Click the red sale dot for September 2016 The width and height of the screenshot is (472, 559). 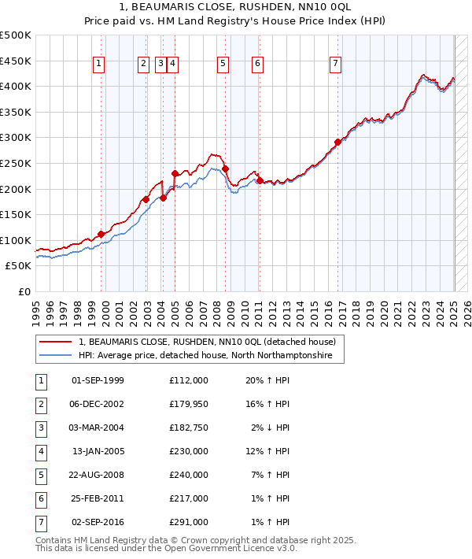coord(337,142)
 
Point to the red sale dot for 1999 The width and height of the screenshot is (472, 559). coord(101,234)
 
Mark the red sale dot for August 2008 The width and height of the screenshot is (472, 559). coord(225,168)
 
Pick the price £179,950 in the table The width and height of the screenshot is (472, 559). coord(188,405)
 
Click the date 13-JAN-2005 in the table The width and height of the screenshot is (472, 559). coord(98,452)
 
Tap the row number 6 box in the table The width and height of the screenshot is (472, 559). coord(40,499)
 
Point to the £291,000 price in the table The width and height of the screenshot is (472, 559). coord(188,522)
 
